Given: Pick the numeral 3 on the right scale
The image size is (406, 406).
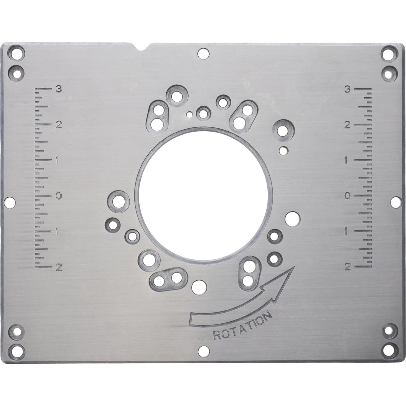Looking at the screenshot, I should (x=347, y=90).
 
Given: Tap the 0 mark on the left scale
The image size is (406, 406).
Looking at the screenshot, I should (x=58, y=196).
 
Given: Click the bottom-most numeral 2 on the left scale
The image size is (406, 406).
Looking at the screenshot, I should (x=58, y=267).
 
